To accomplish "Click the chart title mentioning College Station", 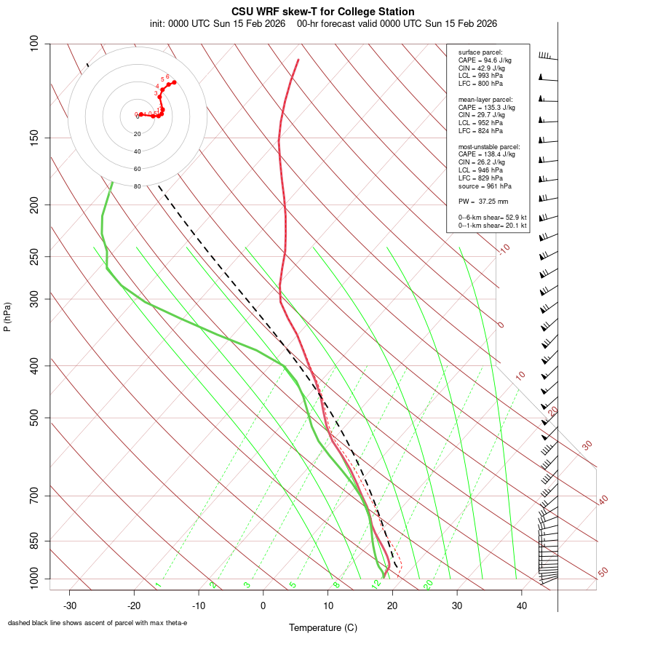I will [323, 12].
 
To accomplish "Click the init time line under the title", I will [323, 23].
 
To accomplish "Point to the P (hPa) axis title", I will [7, 317].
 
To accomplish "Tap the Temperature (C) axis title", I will [322, 627].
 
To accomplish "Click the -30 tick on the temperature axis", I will [70, 605].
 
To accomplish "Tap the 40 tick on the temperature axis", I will [522, 605].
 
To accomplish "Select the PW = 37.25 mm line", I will [483, 201].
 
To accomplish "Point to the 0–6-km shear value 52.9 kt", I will [492, 217].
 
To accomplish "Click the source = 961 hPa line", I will [483, 186].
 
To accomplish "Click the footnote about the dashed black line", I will [98, 623].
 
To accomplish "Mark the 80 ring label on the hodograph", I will [137, 186].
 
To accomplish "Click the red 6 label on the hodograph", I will [167, 76].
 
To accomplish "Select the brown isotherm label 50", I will [603, 573].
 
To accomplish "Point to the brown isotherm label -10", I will [503, 250].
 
